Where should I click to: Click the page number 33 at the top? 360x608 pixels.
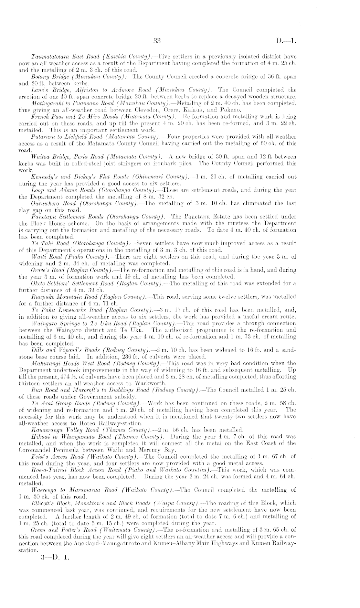(157, 41)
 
